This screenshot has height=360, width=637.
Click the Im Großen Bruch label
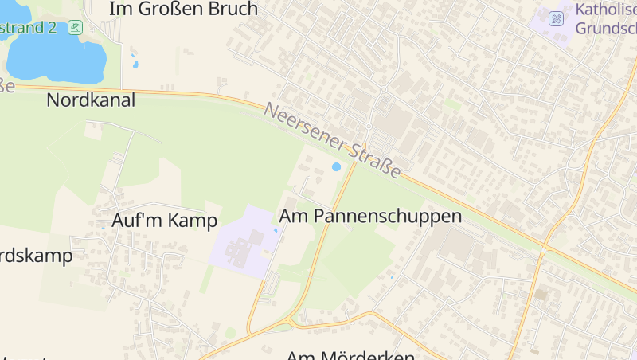(x=183, y=10)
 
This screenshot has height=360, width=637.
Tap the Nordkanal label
(x=91, y=100)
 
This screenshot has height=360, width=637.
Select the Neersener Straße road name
(x=333, y=142)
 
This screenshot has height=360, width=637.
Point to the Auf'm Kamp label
(x=165, y=221)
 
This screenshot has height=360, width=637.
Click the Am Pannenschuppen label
(x=370, y=216)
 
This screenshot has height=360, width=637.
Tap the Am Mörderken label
(x=350, y=354)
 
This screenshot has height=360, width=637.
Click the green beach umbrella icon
(x=75, y=28)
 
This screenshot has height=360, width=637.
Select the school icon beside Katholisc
(x=557, y=18)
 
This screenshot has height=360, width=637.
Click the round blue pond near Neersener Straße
(x=336, y=167)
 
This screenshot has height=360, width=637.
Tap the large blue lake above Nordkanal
(x=56, y=56)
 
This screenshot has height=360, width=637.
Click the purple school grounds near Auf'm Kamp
(x=243, y=243)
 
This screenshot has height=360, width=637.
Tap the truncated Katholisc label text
(x=605, y=10)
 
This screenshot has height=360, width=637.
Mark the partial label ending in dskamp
(x=35, y=256)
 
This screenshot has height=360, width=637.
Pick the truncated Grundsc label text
(x=605, y=29)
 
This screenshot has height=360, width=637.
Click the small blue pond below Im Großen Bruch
(x=135, y=64)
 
